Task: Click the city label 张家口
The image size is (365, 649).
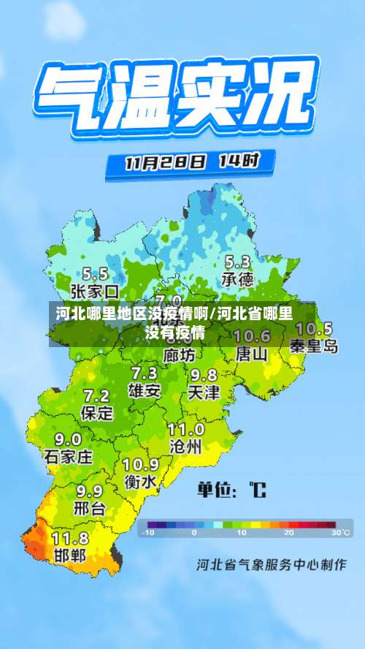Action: [x=95, y=292]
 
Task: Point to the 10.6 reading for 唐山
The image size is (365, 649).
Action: [x=253, y=336]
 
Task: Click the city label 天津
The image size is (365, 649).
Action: [x=204, y=392]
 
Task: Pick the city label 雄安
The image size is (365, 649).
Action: [x=144, y=391]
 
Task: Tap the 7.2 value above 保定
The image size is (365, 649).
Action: [x=96, y=396]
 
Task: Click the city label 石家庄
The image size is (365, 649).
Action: [x=68, y=458]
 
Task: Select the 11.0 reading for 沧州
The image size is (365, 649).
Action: [x=186, y=429]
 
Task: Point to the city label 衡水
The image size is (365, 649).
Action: [x=140, y=482]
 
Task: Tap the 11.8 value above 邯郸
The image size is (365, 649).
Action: [x=70, y=539]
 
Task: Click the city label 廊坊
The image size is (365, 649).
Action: [x=180, y=356]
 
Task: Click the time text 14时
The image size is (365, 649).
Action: [x=239, y=160]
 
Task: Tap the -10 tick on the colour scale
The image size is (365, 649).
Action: [x=148, y=533]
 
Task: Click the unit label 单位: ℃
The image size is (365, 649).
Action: [x=231, y=490]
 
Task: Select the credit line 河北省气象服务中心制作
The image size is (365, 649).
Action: [x=271, y=564]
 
